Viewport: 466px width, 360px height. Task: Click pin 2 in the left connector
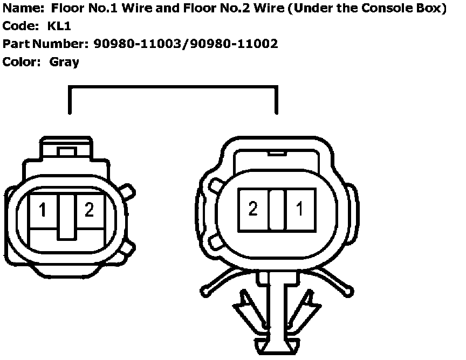[x=89, y=210]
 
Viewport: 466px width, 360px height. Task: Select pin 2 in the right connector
[x=253, y=209]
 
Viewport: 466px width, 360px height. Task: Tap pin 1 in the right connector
[x=300, y=209]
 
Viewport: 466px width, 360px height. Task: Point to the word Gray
[x=64, y=61]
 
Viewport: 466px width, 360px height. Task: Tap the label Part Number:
[x=45, y=44]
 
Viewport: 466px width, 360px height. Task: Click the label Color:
[x=22, y=61]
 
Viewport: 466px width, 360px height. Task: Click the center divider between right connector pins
[x=277, y=209]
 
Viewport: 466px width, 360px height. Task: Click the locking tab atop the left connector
[x=66, y=151]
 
